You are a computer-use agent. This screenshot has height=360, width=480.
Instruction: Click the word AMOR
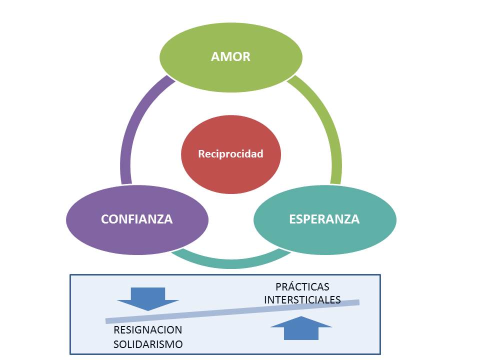click(x=230, y=56)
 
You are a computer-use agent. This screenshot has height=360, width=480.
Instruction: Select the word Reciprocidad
click(x=230, y=154)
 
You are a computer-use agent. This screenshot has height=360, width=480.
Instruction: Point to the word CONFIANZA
click(x=136, y=219)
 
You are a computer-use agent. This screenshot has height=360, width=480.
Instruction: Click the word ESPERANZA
click(x=324, y=219)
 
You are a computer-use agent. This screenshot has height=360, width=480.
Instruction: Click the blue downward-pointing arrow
click(x=148, y=298)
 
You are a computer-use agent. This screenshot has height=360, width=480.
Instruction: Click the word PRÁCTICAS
click(x=302, y=287)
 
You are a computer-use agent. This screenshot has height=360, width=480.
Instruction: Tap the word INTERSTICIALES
click(x=302, y=299)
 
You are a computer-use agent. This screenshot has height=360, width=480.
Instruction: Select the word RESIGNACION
click(x=148, y=330)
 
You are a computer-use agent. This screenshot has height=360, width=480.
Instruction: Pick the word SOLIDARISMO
click(x=148, y=344)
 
